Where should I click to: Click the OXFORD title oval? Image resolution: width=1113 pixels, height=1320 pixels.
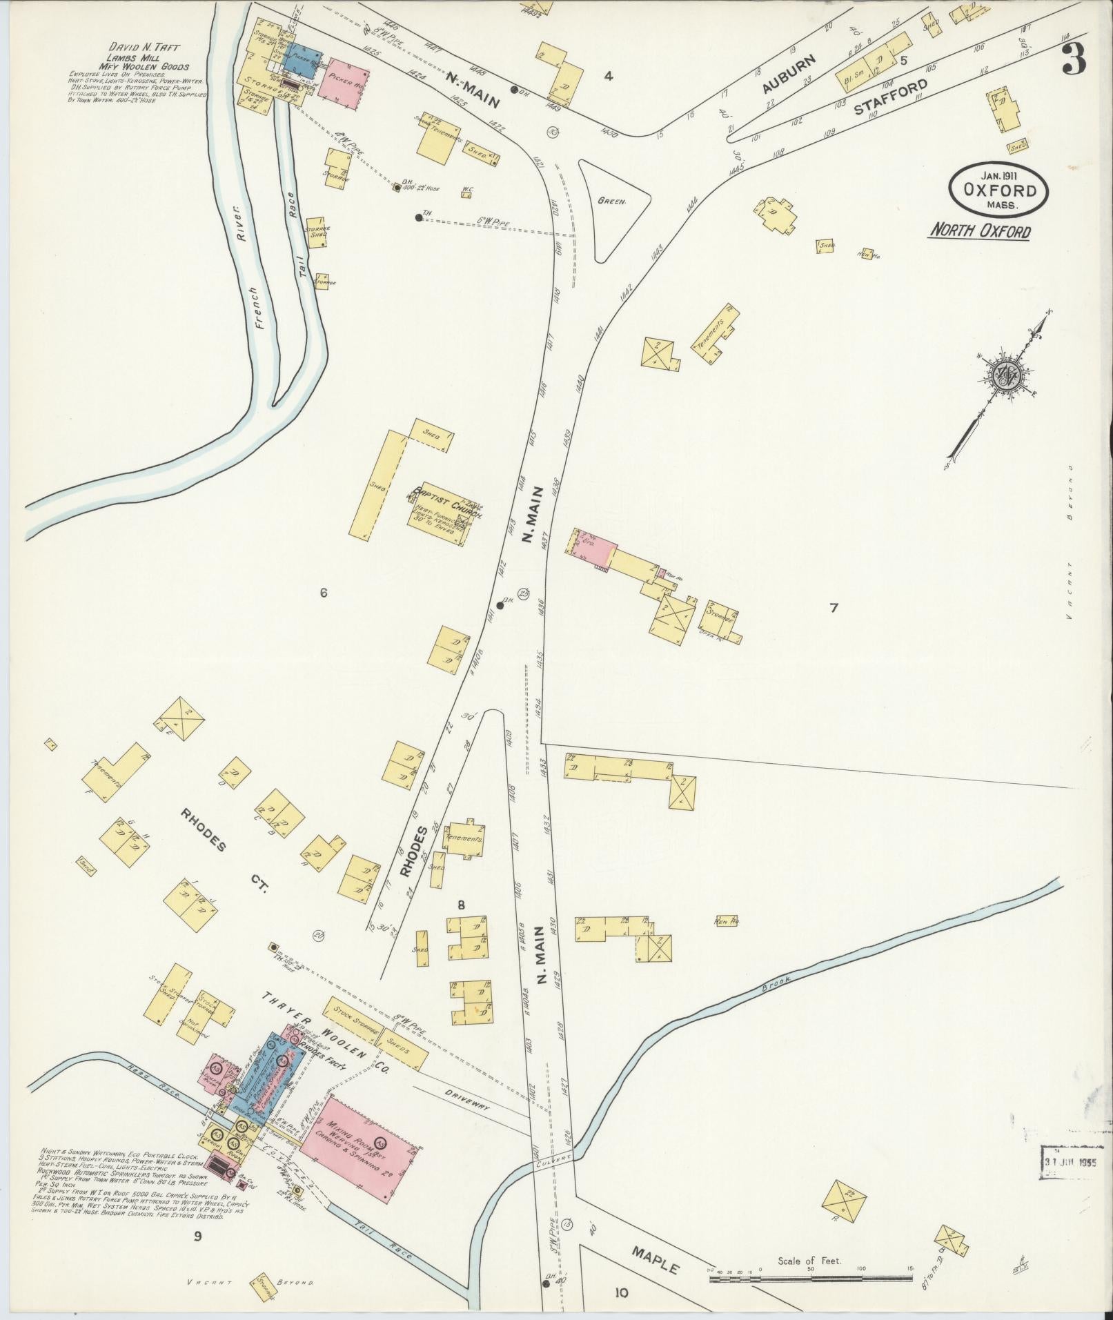[x=999, y=188]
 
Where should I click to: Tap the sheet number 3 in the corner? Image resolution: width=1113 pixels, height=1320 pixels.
[x=1074, y=59]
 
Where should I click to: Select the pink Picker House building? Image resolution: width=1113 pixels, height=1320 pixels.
[x=343, y=83]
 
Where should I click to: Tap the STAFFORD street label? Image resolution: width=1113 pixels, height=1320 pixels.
[x=889, y=97]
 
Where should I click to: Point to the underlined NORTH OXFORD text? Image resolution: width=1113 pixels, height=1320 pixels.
[x=979, y=230]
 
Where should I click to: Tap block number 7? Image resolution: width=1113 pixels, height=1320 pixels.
[x=834, y=608]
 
